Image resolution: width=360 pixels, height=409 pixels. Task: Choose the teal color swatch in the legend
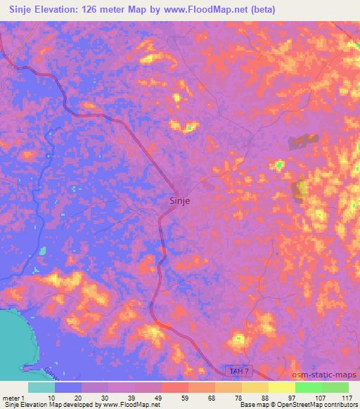point(41,387)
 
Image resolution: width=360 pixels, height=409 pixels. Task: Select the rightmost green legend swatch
point(335,387)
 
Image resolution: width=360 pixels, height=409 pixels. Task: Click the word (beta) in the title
point(259,10)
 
